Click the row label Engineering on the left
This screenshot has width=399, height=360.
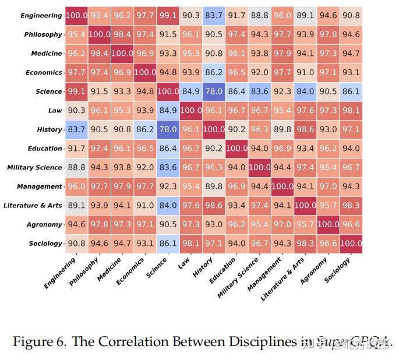tap(40, 16)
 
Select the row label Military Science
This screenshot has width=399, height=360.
tap(34, 168)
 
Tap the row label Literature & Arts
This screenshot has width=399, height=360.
tap(33, 206)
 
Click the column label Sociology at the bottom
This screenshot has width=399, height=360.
tap(338, 269)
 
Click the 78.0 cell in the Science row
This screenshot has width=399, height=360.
tap(214, 91)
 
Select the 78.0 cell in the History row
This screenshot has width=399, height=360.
tap(168, 129)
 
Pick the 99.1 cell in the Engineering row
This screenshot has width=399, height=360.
tap(168, 16)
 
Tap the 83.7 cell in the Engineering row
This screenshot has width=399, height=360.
tap(214, 16)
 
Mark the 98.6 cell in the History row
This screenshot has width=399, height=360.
tap(305, 129)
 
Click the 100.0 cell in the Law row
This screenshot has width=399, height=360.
tap(191, 111)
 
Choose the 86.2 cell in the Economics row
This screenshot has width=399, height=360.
tap(214, 73)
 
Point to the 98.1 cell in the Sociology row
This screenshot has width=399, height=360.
tap(191, 243)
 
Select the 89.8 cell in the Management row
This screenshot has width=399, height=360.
tap(214, 186)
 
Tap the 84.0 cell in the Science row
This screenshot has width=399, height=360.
tap(305, 91)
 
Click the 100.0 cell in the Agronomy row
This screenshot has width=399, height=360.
tap(328, 224)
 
